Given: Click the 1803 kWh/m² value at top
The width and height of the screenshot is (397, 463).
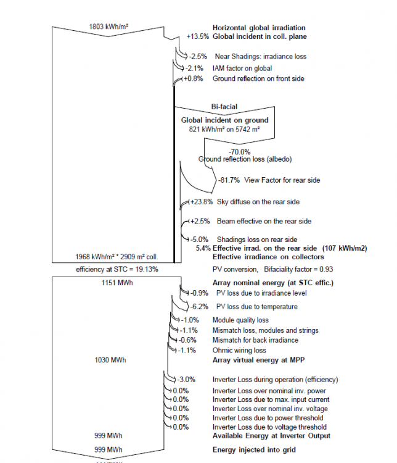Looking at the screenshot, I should (109, 27).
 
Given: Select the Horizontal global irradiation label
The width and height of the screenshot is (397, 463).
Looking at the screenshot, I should (259, 28).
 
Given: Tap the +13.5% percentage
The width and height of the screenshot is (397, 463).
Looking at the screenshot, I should (198, 37).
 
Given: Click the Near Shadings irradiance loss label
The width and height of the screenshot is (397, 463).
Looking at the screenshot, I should (260, 57).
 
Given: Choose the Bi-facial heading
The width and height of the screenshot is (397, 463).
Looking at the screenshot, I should (224, 107).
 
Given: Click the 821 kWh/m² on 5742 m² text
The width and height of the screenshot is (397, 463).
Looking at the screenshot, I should (224, 130).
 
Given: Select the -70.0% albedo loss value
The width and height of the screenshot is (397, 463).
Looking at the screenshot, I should (239, 151).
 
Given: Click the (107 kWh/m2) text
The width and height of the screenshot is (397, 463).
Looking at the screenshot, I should (344, 248).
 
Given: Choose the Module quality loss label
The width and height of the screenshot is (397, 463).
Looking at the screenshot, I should (240, 320).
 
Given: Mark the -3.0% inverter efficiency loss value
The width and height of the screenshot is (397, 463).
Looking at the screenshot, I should (187, 379).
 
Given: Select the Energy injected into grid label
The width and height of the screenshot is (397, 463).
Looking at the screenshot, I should (254, 449).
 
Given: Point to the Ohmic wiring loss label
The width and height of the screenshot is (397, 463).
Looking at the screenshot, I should (240, 350).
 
